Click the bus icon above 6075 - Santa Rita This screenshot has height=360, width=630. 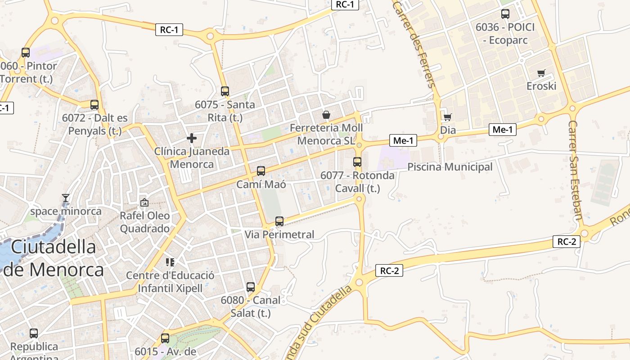coord(225,91)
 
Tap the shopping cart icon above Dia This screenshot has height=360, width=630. coord(447,117)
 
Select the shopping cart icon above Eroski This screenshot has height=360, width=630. coord(541,73)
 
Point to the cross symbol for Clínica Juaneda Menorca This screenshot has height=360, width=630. coord(192,138)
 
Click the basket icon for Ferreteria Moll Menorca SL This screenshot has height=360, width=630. coord(326,115)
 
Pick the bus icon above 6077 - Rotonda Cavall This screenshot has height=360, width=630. coord(357,162)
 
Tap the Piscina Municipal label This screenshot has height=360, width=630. coord(450,167)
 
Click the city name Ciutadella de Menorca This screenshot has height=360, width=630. coord(54,258)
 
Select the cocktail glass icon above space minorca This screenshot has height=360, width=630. coord(66,198)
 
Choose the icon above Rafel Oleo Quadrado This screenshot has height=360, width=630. coord(144,202)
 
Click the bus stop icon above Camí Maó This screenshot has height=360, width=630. coord(261,171)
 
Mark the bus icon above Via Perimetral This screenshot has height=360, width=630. coord(279,221)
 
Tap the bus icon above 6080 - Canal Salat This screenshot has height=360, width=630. coord(251,287)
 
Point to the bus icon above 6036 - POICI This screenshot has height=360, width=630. coord(505,14)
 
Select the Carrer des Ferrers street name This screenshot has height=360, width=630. coord(414,44)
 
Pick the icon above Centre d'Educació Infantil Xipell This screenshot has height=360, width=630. coord(170,262)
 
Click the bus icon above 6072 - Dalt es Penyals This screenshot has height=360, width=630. coord(94,105)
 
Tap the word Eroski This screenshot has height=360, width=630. coord(541,86)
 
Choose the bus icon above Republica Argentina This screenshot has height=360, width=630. coord(34,333)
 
